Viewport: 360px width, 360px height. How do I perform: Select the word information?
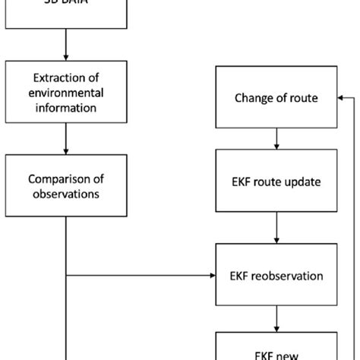[67, 108]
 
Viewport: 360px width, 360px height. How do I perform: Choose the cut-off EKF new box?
[276, 346]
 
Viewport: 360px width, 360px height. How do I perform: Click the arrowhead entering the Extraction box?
[67, 58]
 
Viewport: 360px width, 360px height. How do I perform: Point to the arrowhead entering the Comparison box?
[67, 151]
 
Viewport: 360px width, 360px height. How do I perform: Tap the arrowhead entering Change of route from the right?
[340, 97]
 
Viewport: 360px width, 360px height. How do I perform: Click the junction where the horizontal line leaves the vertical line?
[67, 274]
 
